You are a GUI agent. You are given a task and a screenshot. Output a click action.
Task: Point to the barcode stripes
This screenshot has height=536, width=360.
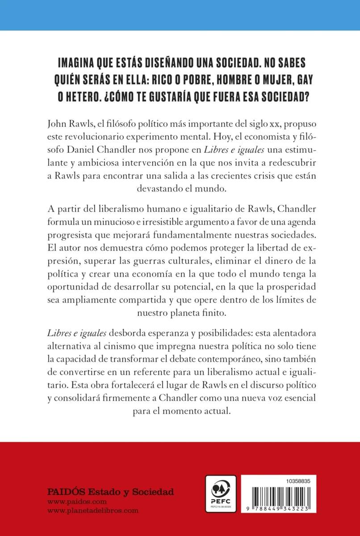[x=277, y=499]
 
